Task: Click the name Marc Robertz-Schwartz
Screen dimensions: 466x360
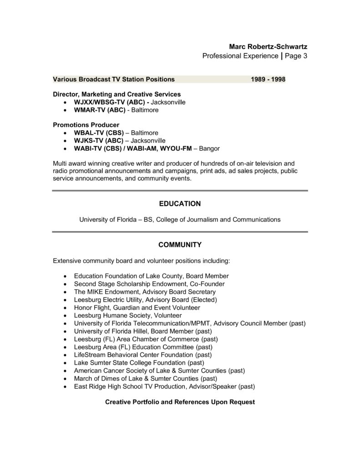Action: pos(268,46)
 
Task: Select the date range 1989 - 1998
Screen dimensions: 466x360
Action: pos(268,79)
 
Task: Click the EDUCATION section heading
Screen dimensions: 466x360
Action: pos(180,203)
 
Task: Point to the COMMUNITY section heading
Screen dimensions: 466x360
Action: pos(180,245)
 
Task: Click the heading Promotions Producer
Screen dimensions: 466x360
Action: pos(86,125)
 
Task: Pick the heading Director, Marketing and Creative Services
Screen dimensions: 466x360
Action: pos(117,94)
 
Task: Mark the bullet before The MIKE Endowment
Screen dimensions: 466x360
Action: pos(66,292)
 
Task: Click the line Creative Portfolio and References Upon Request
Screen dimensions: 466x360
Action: pos(180,402)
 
